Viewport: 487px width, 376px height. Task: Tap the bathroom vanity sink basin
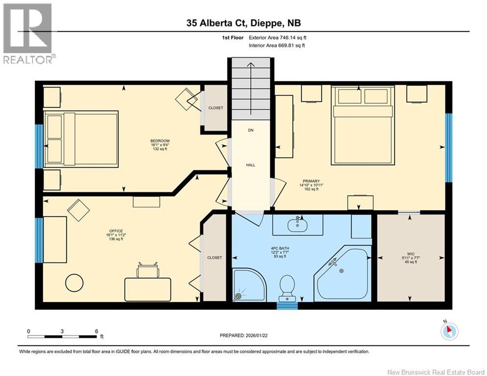tap(297, 225)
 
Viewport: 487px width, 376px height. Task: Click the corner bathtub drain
tap(342, 271)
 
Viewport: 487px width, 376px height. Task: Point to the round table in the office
tap(74, 283)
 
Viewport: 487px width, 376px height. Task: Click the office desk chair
tap(148, 270)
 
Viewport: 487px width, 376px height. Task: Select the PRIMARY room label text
tap(311, 181)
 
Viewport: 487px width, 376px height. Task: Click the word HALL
tap(251, 165)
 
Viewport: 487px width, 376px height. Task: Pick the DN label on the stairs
tap(251, 130)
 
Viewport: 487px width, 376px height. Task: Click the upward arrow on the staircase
tap(251, 88)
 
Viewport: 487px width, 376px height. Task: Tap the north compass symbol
tap(449, 331)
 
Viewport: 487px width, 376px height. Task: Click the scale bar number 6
tap(96, 331)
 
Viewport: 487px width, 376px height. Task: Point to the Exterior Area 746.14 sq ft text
tap(278, 38)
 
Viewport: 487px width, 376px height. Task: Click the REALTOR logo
tap(28, 34)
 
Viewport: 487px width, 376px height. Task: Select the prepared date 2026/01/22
tap(256, 335)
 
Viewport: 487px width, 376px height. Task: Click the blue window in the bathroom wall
tap(287, 306)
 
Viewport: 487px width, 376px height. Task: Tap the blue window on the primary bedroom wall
tap(448, 147)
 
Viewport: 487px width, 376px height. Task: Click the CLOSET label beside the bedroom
tap(215, 108)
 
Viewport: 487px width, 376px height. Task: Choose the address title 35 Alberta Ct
tap(216, 23)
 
